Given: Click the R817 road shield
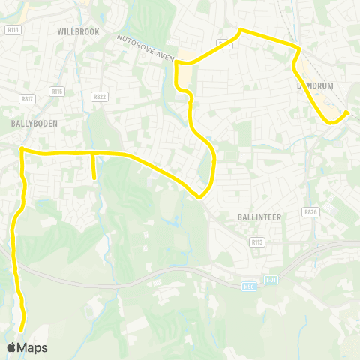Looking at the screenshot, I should pos(28,97).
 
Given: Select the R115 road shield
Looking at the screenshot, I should pos(57,91).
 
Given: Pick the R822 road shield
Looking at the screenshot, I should pos(99,96).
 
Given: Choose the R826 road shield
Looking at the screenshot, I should pos(310,212).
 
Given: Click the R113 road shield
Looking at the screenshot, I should pos(257,241).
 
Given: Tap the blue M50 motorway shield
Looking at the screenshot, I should pos(250,286).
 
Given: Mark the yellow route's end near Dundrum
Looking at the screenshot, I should pos(346,113).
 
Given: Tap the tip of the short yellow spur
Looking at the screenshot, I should pos(94,178).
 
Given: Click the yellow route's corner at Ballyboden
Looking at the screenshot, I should pos(21,149).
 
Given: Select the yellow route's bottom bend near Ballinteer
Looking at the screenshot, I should pos(199,197).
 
